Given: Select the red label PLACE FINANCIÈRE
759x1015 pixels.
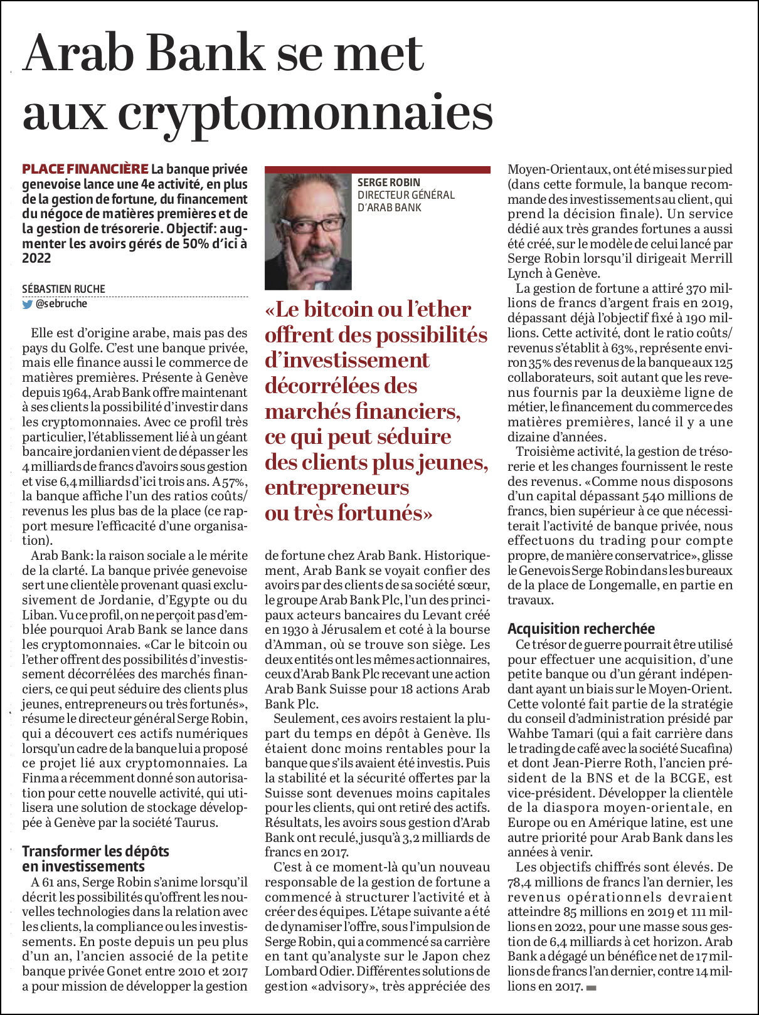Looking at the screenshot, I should (x=85, y=169).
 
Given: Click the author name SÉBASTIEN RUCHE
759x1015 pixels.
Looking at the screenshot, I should (x=64, y=289).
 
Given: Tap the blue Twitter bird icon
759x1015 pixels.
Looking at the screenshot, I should (x=28, y=305).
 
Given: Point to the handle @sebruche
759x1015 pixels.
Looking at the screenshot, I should (x=62, y=304).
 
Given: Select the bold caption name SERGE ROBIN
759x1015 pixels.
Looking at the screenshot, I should (x=389, y=182).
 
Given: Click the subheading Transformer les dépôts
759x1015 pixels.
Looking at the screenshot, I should (x=95, y=851).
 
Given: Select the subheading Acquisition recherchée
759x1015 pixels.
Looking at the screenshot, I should (x=581, y=629).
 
